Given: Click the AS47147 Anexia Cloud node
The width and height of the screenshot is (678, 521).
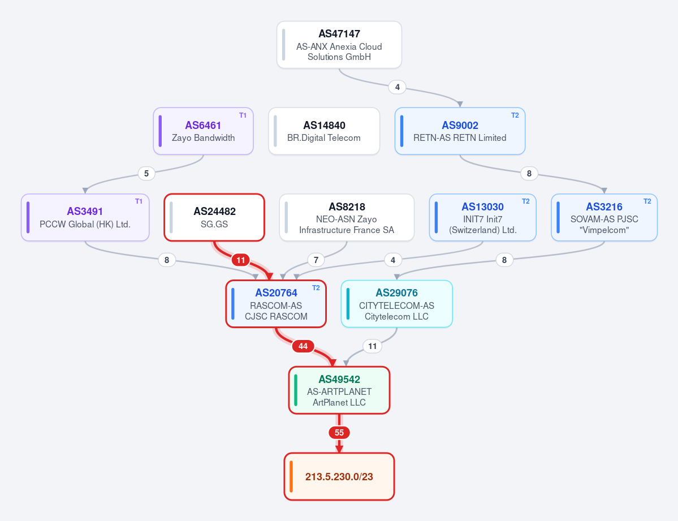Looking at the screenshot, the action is [x=339, y=45].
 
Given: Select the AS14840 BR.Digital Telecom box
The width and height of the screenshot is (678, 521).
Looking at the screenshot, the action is [x=324, y=131].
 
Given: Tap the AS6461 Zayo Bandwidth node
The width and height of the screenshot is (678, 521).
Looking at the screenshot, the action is [x=203, y=131].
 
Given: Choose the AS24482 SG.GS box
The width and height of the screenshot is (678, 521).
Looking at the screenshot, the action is [x=214, y=217].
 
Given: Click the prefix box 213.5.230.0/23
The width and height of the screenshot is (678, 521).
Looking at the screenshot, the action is [x=339, y=476].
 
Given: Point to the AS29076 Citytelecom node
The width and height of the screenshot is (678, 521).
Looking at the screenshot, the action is [x=396, y=304].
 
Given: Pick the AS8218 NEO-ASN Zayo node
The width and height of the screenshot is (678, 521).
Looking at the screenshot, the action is [x=347, y=217].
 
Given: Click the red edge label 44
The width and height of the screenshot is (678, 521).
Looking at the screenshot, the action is [x=303, y=346].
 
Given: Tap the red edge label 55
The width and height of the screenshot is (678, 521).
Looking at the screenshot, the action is [x=339, y=432].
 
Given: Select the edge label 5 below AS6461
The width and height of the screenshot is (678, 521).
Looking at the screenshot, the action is [x=146, y=174].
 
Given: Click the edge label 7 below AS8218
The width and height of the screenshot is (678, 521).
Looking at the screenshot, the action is [x=316, y=260].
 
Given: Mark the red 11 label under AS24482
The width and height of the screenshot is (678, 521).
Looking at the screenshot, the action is [x=241, y=260].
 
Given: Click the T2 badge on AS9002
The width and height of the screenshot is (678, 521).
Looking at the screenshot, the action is [x=515, y=115].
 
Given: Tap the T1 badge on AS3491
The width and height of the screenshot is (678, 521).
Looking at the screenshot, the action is [x=139, y=201].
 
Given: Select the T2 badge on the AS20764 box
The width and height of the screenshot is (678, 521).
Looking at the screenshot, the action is [x=316, y=288].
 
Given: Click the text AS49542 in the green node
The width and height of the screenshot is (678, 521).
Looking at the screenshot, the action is [x=339, y=380].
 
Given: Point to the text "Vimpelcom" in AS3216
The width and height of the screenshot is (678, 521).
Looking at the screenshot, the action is [x=604, y=230].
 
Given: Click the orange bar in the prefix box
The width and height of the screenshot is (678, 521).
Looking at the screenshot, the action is [x=291, y=476].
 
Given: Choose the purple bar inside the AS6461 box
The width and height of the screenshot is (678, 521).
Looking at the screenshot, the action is [x=160, y=131].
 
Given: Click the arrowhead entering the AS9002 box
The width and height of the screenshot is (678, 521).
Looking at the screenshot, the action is [x=460, y=104].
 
